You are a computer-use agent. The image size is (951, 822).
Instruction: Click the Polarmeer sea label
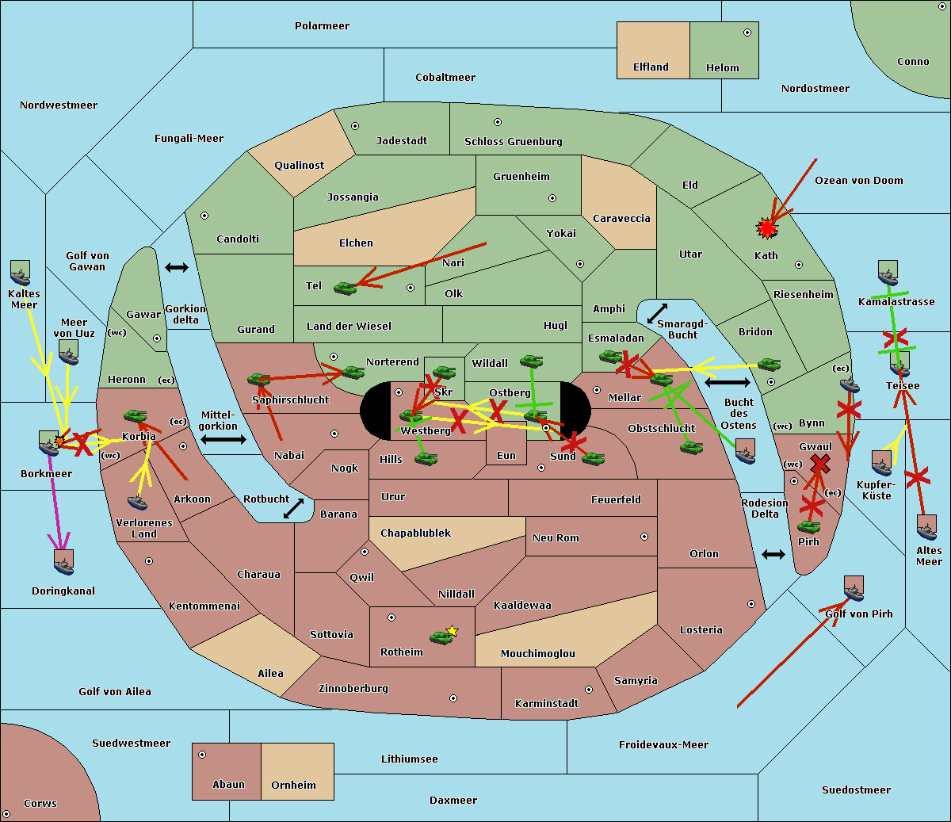pyautogui.click(x=322, y=26)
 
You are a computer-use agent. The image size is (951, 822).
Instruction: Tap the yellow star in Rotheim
pyautogui.click(x=452, y=631)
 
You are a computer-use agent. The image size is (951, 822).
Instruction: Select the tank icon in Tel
pyautogui.click(x=345, y=289)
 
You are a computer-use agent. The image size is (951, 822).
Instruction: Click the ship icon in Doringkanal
pyautogui.click(x=64, y=561)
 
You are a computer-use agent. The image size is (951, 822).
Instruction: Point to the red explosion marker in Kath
pyautogui.click(x=766, y=229)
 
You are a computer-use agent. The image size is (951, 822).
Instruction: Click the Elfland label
pyautogui.click(x=651, y=67)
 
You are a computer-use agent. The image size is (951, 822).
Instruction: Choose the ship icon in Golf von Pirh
pyautogui.click(x=854, y=588)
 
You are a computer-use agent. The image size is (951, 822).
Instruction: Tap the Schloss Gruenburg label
pyautogui.click(x=513, y=142)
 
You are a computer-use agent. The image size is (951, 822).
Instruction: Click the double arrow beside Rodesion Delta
pyautogui.click(x=773, y=554)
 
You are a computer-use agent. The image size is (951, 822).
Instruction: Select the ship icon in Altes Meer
pyautogui.click(x=926, y=527)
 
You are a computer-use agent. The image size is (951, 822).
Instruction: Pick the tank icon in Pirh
pyautogui.click(x=808, y=527)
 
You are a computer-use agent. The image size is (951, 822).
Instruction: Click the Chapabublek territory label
pyautogui.click(x=415, y=533)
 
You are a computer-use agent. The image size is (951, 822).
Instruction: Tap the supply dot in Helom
pyautogui.click(x=747, y=32)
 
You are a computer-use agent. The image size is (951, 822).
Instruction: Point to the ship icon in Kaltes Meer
pyautogui.click(x=20, y=273)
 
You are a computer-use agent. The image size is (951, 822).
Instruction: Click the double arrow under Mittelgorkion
pyautogui.click(x=223, y=440)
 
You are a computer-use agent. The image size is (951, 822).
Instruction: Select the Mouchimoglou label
pyautogui.click(x=537, y=654)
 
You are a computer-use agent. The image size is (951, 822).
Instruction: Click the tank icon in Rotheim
pyautogui.click(x=441, y=637)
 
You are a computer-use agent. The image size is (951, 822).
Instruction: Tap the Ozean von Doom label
pyautogui.click(x=858, y=181)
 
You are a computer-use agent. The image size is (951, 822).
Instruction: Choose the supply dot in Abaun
pyautogui.click(x=202, y=755)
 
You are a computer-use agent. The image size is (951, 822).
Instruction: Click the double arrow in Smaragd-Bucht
pyautogui.click(x=658, y=313)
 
